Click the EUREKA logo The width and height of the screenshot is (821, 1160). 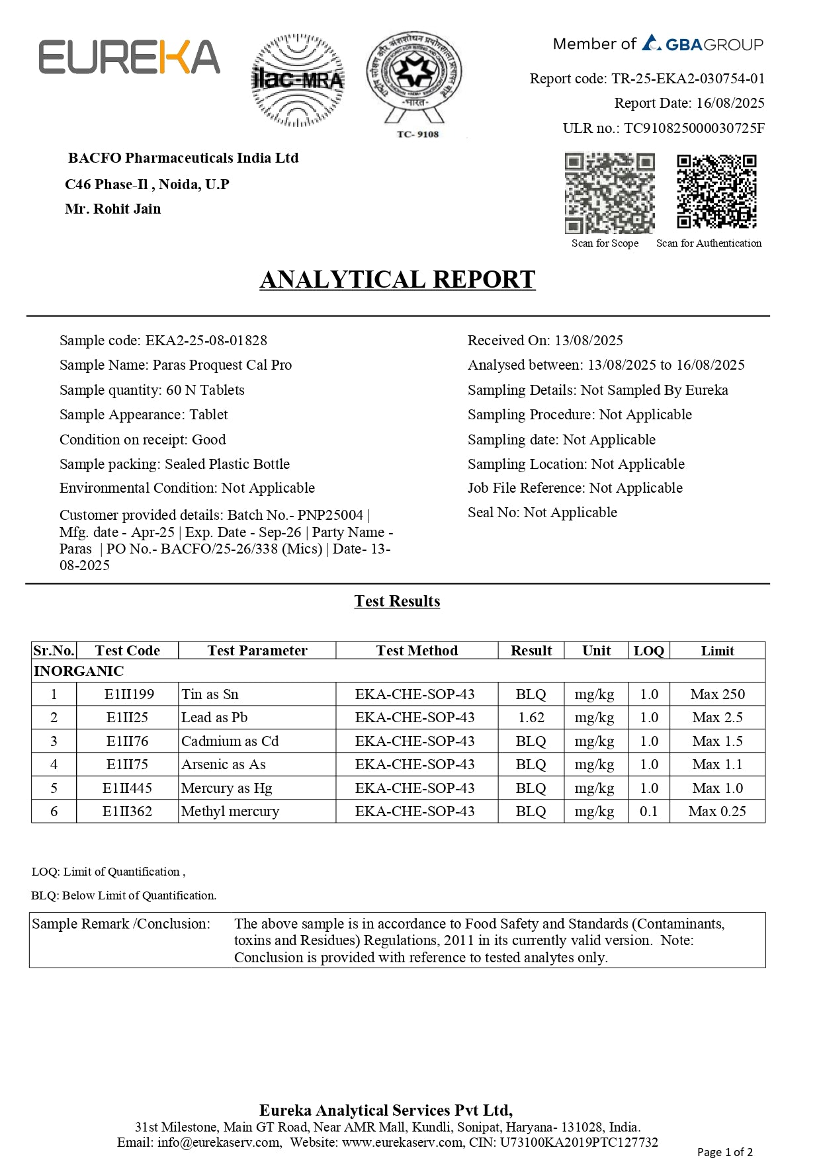pos(129,57)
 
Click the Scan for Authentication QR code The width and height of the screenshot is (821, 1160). pos(716,192)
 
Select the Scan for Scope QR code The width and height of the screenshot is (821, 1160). pos(609,193)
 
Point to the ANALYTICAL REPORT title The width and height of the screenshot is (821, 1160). pos(397,280)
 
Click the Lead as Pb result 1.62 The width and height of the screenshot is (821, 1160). pos(531,718)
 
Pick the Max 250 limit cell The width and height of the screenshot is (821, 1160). pos(717,694)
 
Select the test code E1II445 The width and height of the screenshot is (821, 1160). pos(127,788)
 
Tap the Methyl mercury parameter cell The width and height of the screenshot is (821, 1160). pos(230,811)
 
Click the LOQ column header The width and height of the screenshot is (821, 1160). pos(648,651)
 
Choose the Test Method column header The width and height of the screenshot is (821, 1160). pos(417,651)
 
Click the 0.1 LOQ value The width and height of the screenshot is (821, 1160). pos(648,811)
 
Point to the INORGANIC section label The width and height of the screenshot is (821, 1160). pos(79,671)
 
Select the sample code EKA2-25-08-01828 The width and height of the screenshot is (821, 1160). pos(206,341)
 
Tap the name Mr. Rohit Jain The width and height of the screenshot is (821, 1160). pos(113,209)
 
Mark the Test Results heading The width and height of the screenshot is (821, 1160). pos(397,601)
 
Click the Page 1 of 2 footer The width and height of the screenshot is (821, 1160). pos(724,1152)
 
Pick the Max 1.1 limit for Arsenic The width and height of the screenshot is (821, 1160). pos(717,765)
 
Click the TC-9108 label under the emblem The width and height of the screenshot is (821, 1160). pos(417,134)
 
